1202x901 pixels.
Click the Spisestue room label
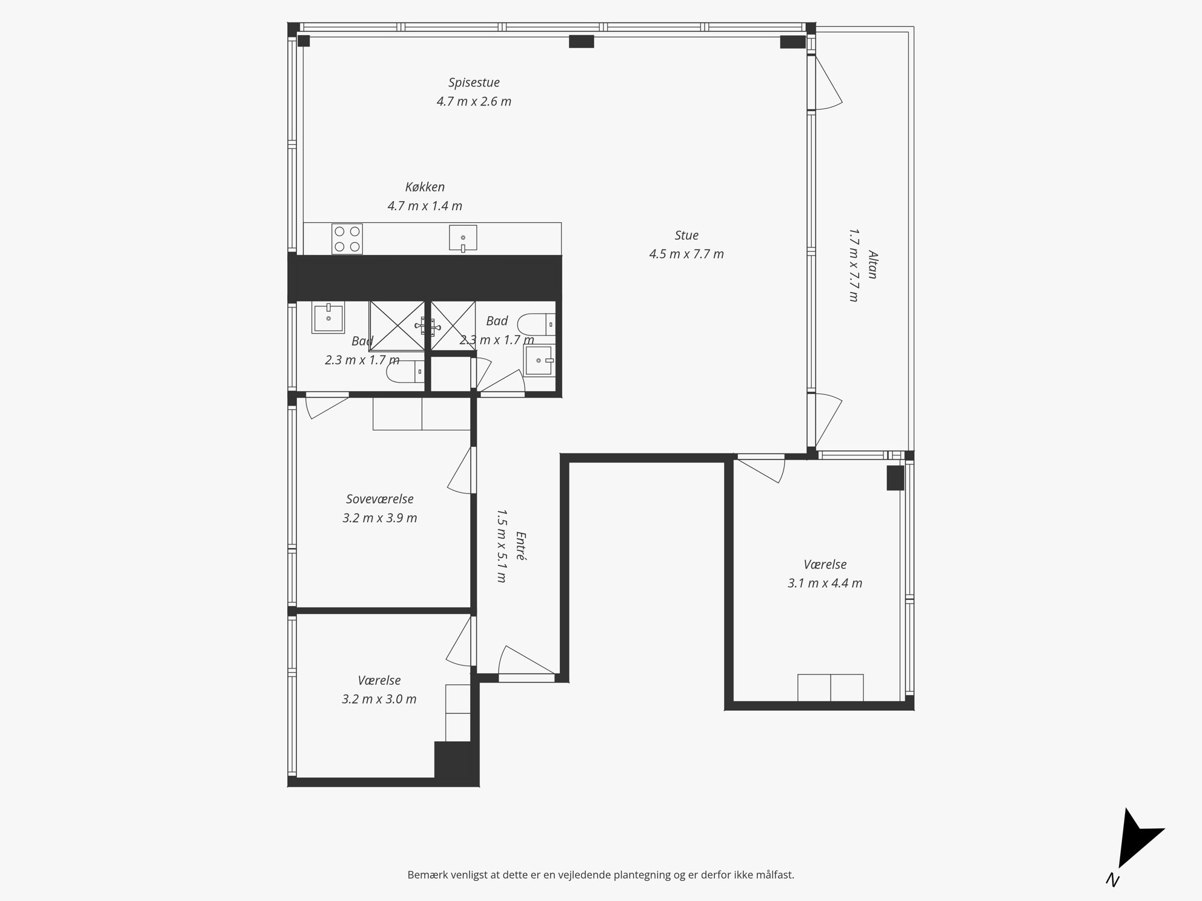(474, 83)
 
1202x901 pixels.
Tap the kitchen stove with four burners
(347, 239)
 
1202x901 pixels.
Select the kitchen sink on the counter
(463, 238)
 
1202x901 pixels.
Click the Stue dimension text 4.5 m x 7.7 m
(686, 254)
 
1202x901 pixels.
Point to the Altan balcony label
(872, 265)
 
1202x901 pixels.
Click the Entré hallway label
(520, 546)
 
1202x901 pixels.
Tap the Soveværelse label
(380, 500)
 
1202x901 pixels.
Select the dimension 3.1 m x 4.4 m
(825, 584)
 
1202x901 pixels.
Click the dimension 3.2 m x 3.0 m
(379, 699)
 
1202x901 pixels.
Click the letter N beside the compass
(1112, 880)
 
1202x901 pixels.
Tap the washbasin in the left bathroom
(328, 317)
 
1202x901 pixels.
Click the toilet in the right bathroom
(537, 325)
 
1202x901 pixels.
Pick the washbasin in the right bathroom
(539, 360)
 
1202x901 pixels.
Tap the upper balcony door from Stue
(824, 82)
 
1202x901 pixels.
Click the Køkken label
(425, 187)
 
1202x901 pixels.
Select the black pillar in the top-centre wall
(582, 41)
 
